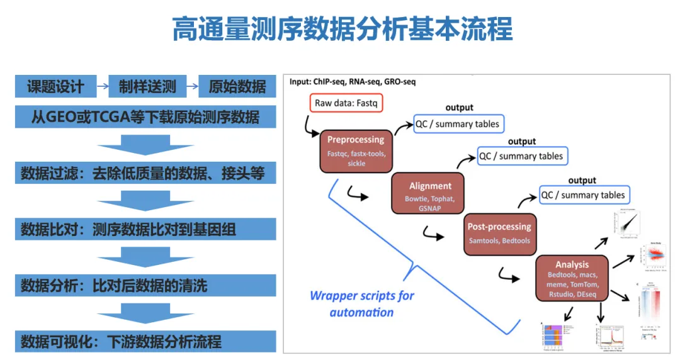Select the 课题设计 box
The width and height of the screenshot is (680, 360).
[x=55, y=87]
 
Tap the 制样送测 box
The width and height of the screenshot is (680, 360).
[x=147, y=87]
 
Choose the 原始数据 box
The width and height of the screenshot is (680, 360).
[x=237, y=87]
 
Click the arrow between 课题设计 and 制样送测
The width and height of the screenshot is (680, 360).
[x=103, y=87]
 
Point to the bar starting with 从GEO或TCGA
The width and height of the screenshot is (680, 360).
[x=145, y=117]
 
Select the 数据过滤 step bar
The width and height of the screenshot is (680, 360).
[x=145, y=173]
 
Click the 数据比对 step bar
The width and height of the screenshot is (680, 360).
[x=145, y=229]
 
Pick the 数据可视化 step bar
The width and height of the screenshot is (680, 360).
[x=145, y=342]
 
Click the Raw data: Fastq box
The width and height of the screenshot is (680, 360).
[x=346, y=103]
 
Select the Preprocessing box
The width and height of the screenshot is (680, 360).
[x=356, y=150]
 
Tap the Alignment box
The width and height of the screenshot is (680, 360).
[x=430, y=194]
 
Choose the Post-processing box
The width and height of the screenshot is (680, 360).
[x=499, y=233]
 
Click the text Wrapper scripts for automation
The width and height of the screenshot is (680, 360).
[x=361, y=303]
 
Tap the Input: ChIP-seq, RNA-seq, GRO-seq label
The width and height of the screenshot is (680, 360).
[x=353, y=82]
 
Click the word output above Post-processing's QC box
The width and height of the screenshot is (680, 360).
[x=582, y=181]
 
